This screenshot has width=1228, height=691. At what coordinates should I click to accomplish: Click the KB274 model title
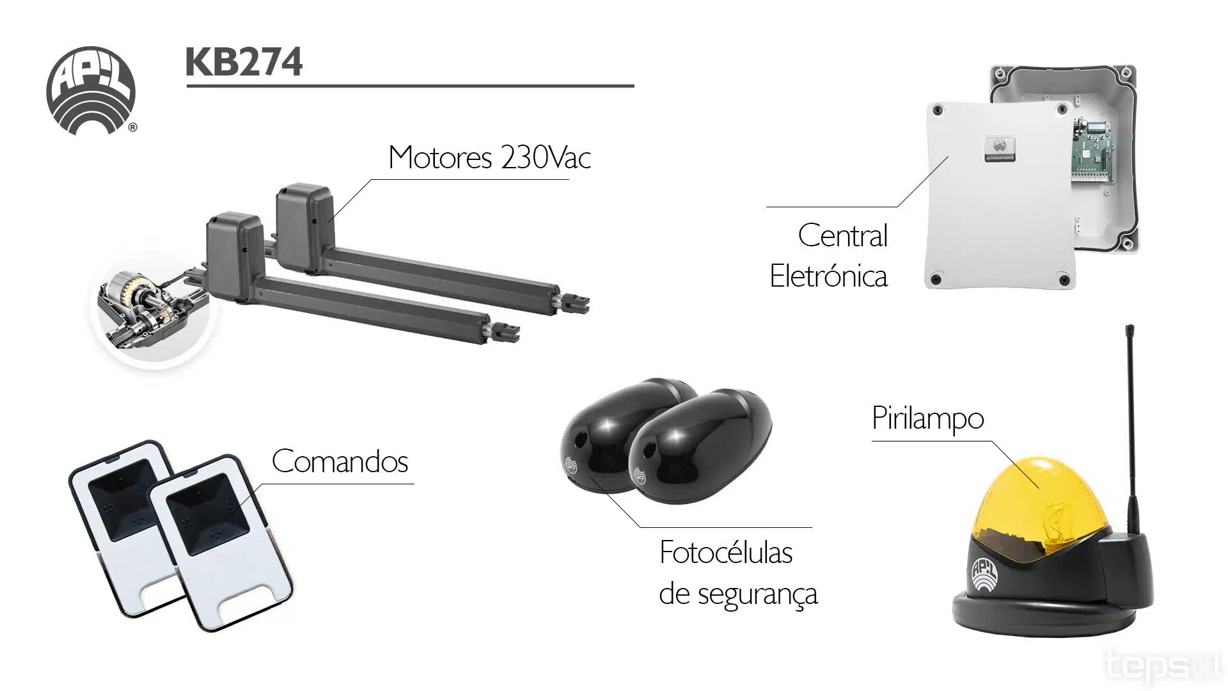(x=244, y=63)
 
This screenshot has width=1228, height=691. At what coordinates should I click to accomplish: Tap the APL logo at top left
(x=91, y=90)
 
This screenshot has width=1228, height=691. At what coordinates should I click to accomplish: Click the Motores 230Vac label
(x=489, y=157)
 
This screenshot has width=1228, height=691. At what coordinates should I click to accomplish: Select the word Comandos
(x=340, y=461)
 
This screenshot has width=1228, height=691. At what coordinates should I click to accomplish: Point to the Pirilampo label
(x=927, y=419)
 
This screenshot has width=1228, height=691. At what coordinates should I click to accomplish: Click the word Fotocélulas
(x=726, y=553)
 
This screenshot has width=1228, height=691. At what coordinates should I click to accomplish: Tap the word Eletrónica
(x=828, y=276)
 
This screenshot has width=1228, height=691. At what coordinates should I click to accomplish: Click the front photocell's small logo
(x=639, y=475)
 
